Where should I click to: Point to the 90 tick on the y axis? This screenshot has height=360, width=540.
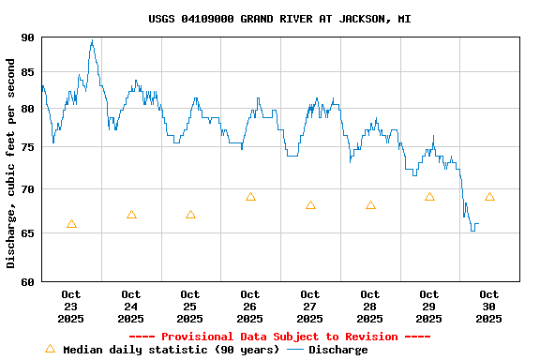[26, 37]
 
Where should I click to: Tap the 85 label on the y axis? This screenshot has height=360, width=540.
[26, 72]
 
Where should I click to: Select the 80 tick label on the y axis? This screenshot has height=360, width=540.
[26, 109]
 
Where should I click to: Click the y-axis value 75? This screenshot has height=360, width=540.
[26, 147]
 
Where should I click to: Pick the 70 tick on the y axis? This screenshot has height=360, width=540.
[26, 189]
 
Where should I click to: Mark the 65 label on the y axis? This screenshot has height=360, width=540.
[26, 232]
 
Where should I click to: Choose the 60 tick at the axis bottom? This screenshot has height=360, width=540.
[26, 280]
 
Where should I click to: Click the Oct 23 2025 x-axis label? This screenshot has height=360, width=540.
[71, 307]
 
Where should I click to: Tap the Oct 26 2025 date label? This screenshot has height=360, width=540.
[250, 307]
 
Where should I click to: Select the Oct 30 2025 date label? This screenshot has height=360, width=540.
[489, 307]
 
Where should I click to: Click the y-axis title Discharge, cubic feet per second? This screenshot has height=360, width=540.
[11, 163]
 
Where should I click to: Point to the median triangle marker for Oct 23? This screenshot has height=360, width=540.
[71, 224]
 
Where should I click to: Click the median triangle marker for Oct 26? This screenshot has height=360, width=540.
[250, 197]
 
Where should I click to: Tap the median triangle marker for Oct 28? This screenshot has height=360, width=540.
[370, 205]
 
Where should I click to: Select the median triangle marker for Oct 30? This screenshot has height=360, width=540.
[489, 197]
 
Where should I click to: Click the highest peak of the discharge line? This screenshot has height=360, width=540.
[92, 40]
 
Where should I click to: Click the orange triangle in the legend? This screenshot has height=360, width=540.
[50, 349]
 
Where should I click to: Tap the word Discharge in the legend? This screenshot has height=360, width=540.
[338, 350]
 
